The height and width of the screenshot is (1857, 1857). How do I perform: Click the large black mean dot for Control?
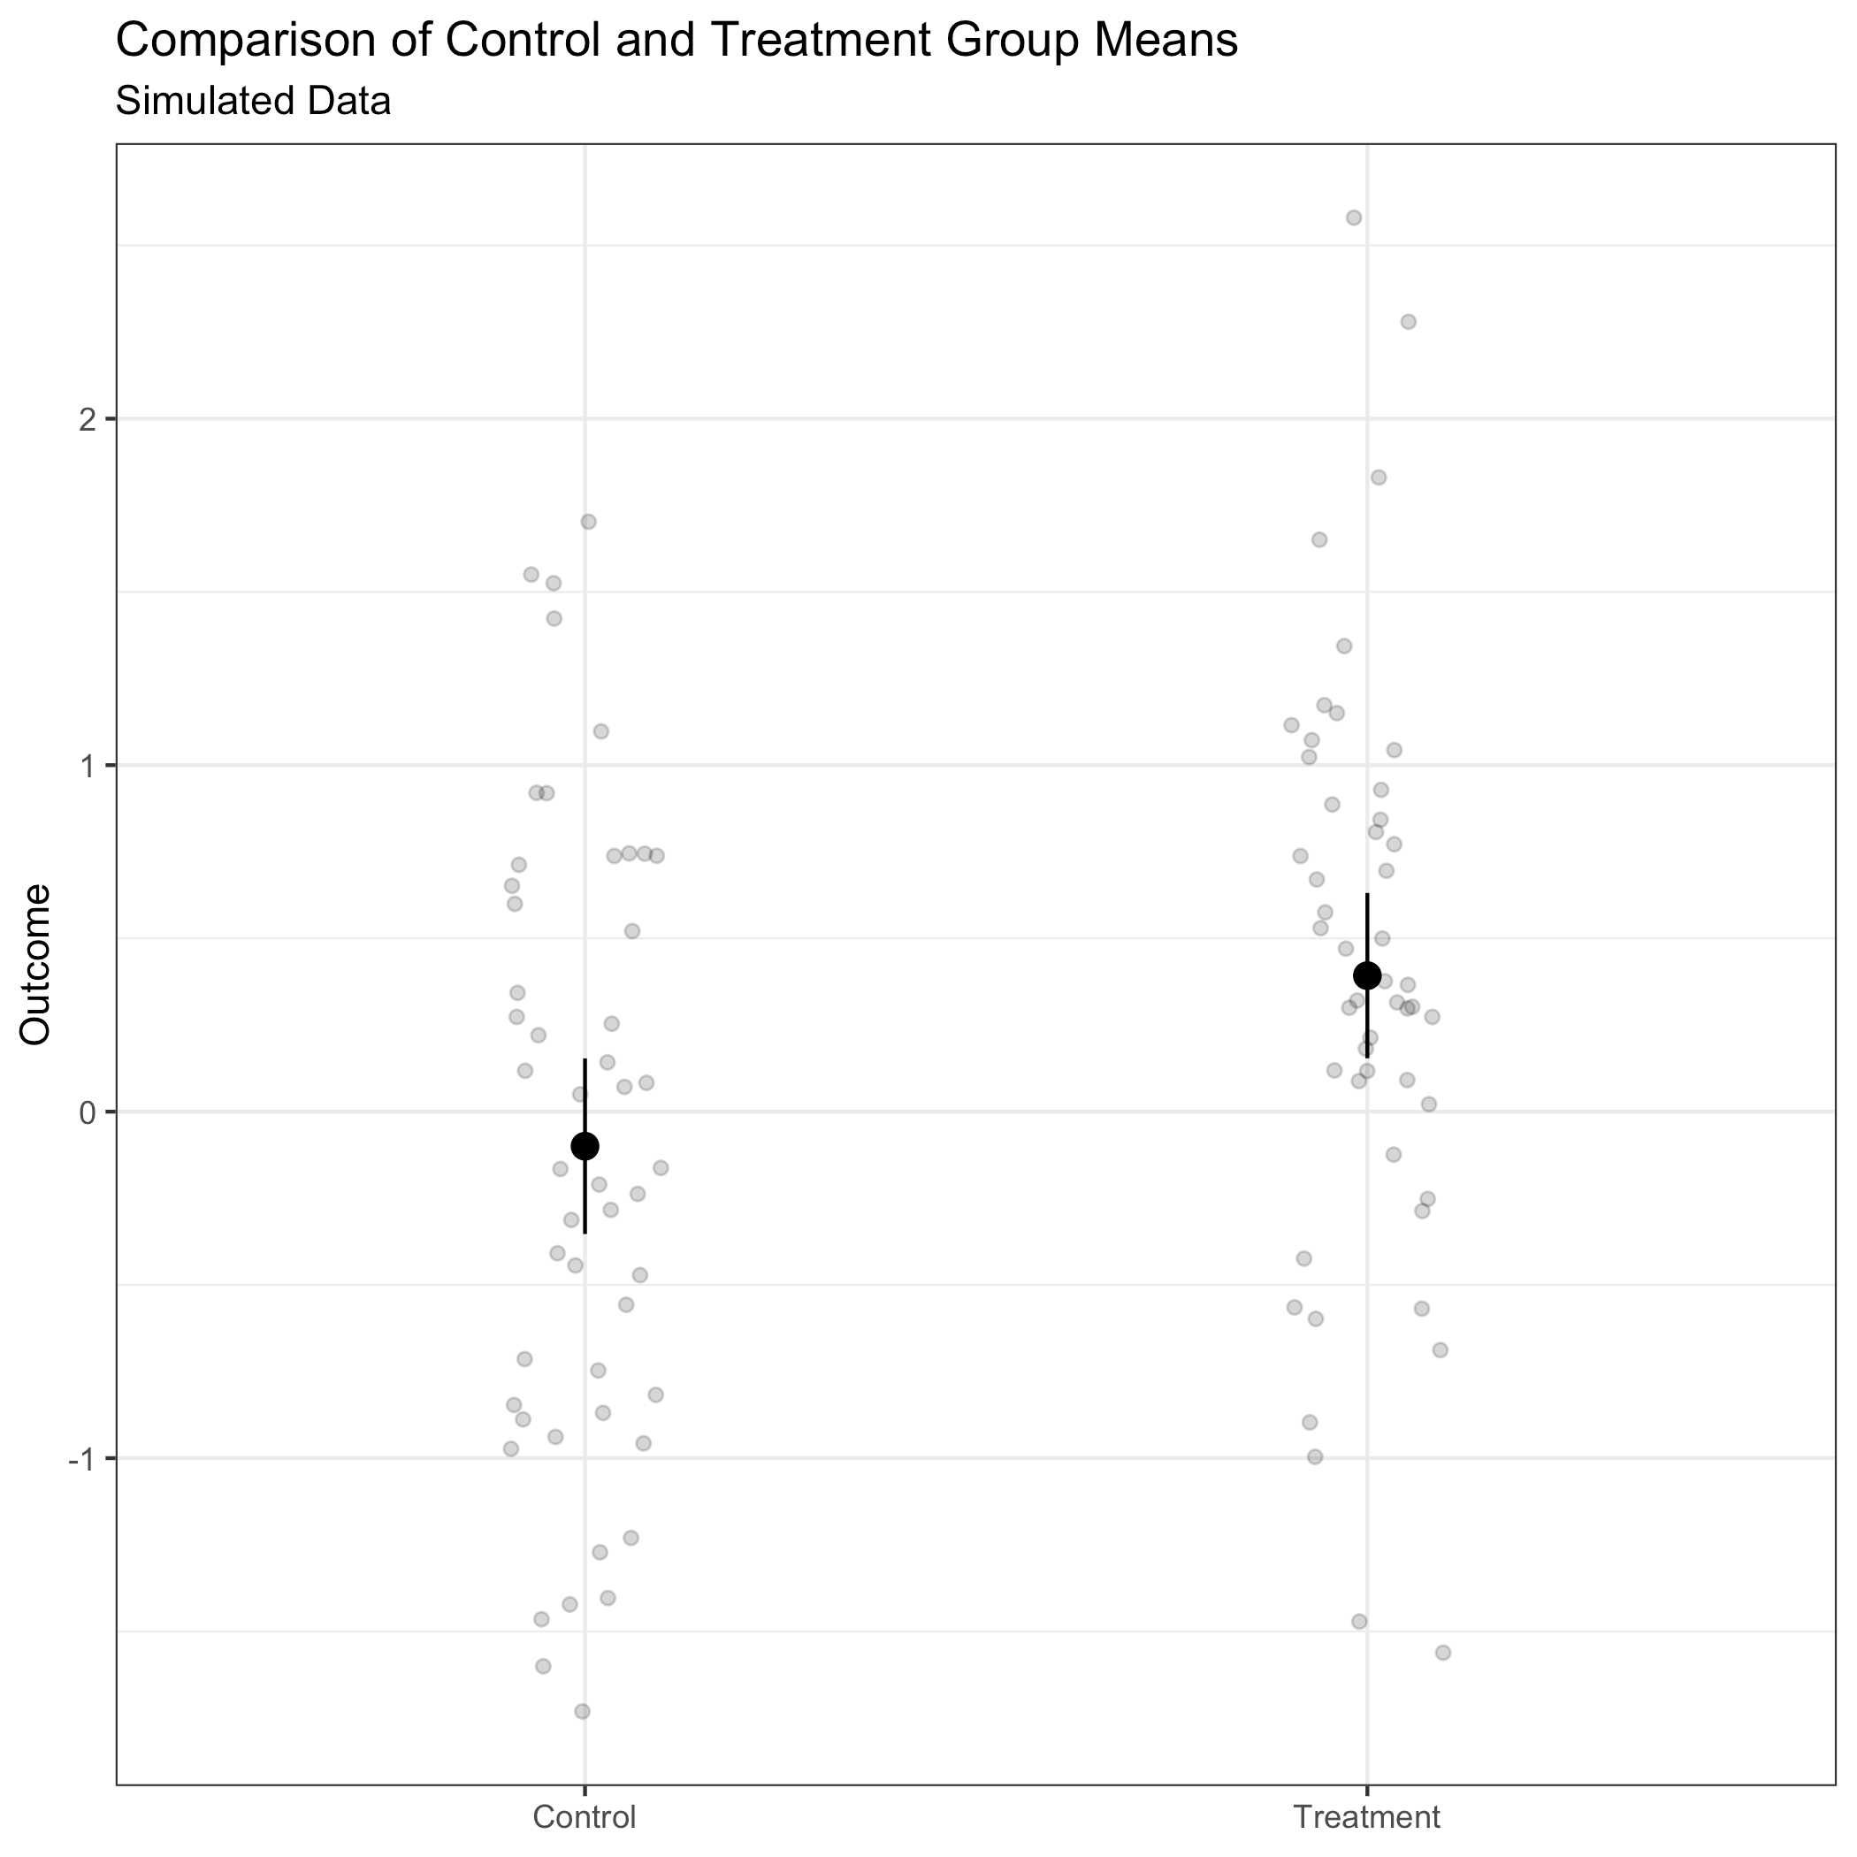point(585,1146)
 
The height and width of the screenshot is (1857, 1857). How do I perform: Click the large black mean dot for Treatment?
point(1367,975)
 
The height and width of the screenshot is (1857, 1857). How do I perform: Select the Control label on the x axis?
point(585,1817)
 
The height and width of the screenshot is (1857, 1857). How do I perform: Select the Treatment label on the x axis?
point(1367,1817)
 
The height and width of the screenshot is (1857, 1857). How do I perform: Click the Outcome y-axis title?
point(36,964)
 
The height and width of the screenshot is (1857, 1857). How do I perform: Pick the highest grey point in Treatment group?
point(1353,218)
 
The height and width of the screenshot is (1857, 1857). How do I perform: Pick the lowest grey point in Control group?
point(582,1711)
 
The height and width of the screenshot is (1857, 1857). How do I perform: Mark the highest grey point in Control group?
point(588,522)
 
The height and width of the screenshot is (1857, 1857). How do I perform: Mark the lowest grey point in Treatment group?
point(1443,1652)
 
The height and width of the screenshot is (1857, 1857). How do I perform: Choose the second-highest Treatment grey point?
point(1408,321)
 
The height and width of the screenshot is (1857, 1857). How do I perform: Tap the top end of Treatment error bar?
point(1367,895)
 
